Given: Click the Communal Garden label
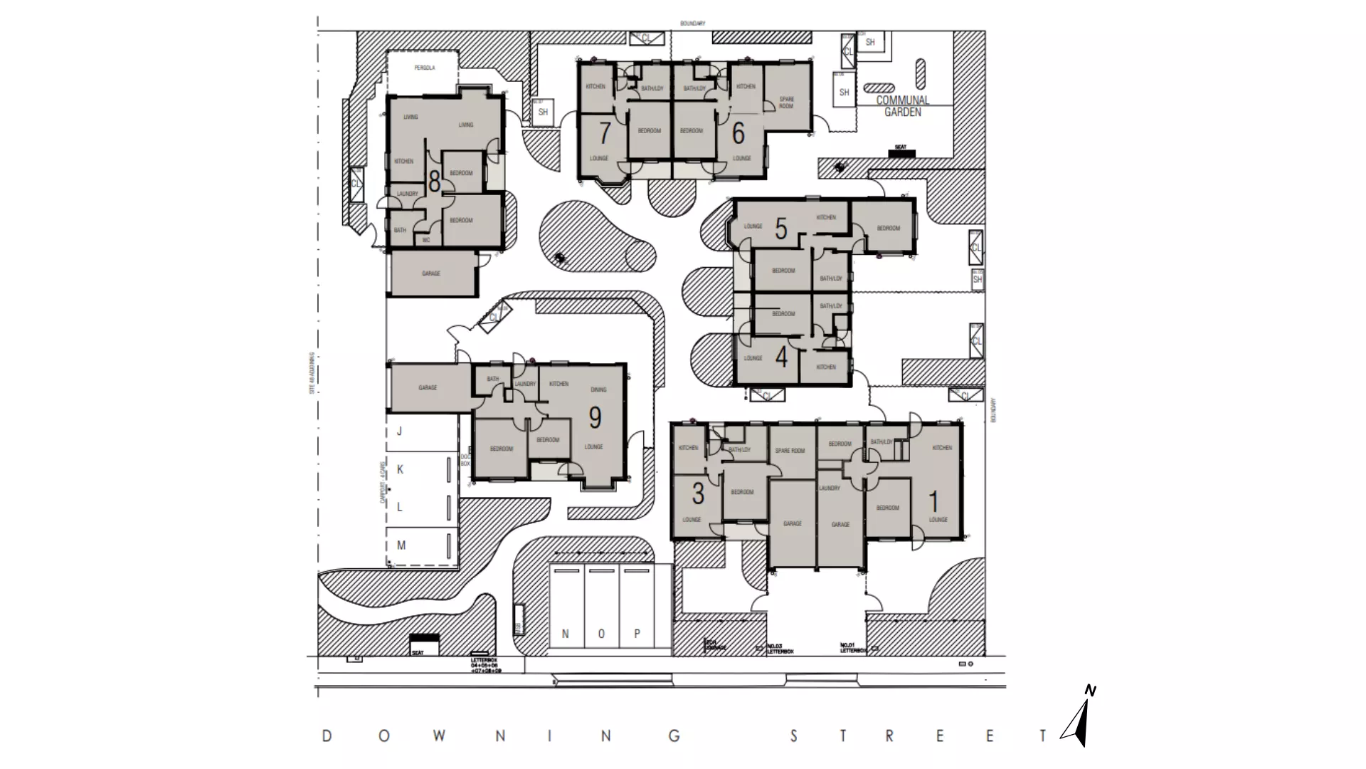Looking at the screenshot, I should click(902, 106).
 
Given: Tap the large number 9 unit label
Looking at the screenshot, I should click(595, 418).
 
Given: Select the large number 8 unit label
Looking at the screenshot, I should click(434, 182).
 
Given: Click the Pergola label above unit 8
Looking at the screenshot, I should click(425, 68).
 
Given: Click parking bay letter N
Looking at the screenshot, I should click(566, 634).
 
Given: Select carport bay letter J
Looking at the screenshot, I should click(400, 431).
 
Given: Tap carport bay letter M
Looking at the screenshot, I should click(401, 545).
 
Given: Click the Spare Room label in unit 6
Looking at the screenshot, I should click(786, 103).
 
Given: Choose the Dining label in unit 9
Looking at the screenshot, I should click(598, 389).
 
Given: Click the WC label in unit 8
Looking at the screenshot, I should click(426, 241).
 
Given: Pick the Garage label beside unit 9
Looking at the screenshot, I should click(428, 388).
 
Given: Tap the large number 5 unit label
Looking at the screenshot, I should click(781, 229).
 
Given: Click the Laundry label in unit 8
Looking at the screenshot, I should click(408, 194).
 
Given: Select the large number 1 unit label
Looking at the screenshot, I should click(934, 502).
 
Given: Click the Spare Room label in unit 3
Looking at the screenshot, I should click(790, 451).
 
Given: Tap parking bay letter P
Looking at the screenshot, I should click(637, 634).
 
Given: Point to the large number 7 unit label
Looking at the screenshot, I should click(605, 133).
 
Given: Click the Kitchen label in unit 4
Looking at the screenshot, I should click(826, 367).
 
